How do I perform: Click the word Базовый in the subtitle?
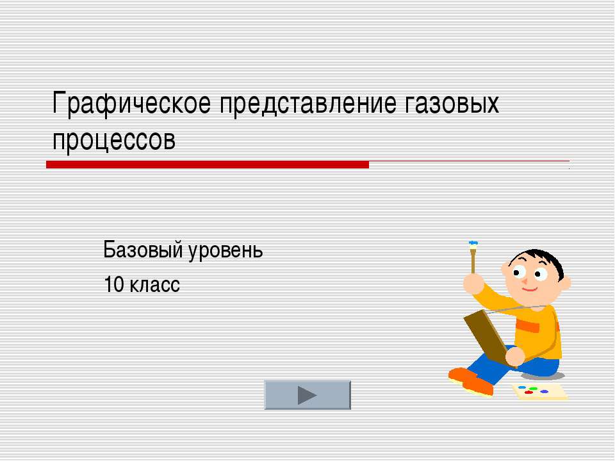tap(142, 249)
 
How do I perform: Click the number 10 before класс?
tap(114, 284)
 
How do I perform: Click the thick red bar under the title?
tap(208, 165)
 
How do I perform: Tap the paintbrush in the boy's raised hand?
tap(473, 257)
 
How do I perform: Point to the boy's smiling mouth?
tap(530, 290)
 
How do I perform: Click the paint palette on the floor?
tap(540, 392)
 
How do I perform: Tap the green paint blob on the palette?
tap(533, 389)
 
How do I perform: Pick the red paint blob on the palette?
tap(529, 392)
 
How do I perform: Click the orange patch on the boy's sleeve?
tap(527, 325)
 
